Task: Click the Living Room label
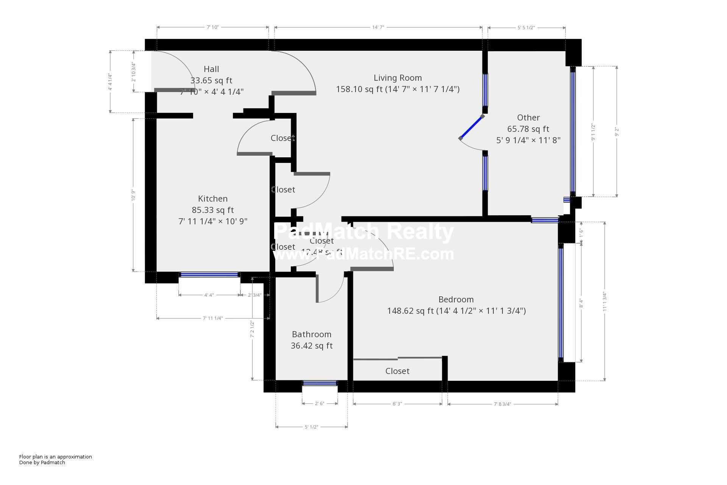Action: (x=398, y=78)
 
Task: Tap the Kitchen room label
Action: (x=213, y=199)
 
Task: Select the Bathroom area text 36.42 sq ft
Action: (x=312, y=346)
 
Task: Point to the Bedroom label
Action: (x=456, y=300)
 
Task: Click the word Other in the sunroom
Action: (x=528, y=118)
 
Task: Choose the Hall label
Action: (x=211, y=69)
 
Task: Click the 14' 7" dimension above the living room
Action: (x=378, y=27)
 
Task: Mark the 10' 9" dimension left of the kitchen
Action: (x=133, y=195)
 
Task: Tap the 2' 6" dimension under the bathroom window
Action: (x=320, y=404)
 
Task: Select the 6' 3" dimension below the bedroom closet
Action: (x=397, y=404)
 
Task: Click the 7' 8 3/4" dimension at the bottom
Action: (x=502, y=404)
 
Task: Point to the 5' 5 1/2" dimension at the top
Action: (x=526, y=28)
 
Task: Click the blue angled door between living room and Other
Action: (x=471, y=127)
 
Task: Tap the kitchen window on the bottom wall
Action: (x=209, y=275)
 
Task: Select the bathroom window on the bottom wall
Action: (x=320, y=383)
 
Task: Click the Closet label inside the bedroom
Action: (x=397, y=371)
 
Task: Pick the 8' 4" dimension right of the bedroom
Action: (x=581, y=303)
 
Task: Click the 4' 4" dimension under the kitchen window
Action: (x=209, y=295)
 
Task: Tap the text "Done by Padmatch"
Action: (x=42, y=463)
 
